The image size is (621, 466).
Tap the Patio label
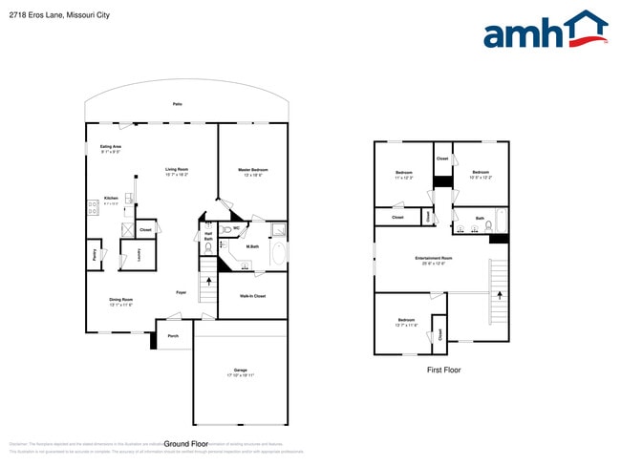[x=177, y=104]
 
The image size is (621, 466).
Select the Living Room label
[x=177, y=172]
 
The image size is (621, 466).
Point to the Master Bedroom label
[x=253, y=172]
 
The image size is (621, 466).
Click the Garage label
[x=240, y=372]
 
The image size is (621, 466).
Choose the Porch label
[x=173, y=336]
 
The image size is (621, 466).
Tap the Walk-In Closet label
[x=253, y=296]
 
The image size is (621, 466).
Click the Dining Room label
[x=120, y=302]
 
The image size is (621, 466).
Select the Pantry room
[x=94, y=254]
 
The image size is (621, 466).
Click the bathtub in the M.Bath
[x=278, y=254]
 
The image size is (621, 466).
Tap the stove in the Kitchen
[x=94, y=203]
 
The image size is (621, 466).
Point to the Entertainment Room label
[x=433, y=261]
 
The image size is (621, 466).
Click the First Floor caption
[x=442, y=370]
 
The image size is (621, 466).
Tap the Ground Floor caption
[x=186, y=444]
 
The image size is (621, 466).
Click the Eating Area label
[x=110, y=149]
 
